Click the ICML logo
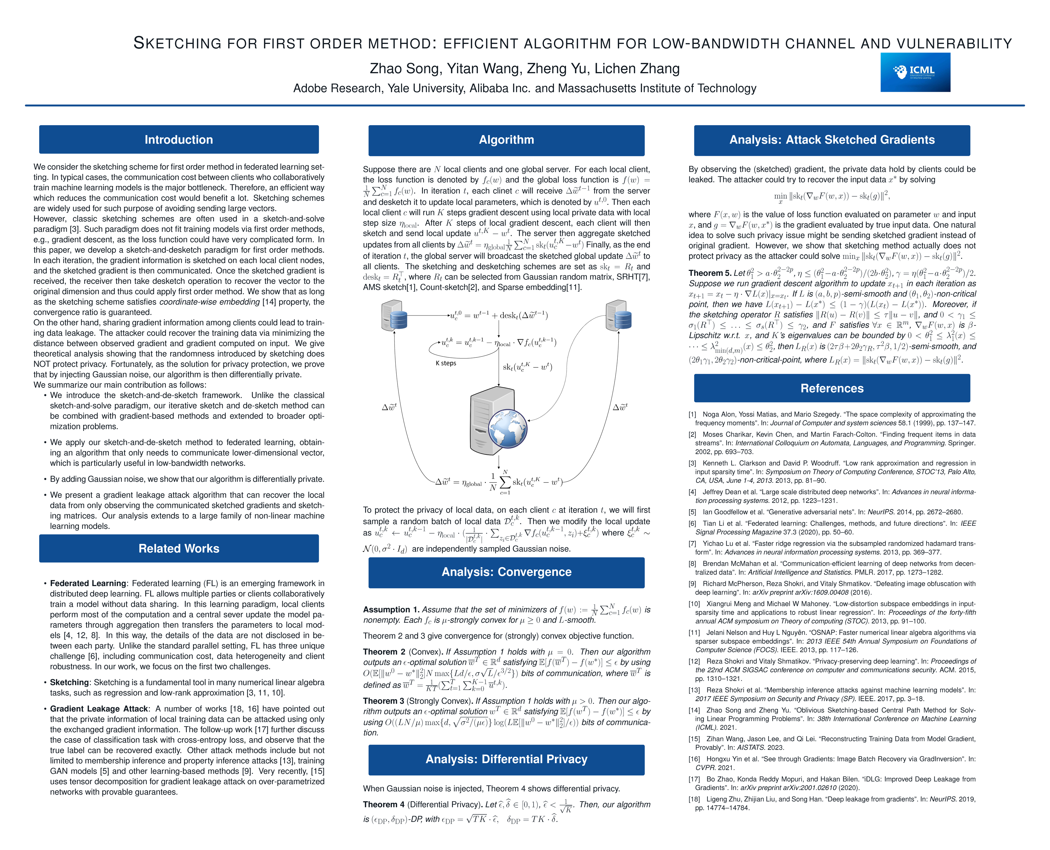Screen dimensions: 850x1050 click(x=915, y=73)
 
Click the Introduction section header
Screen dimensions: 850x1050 click(x=179, y=140)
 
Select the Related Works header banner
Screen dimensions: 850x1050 click(x=179, y=548)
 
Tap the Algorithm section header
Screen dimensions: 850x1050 click(x=506, y=140)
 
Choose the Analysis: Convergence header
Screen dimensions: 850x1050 click(x=506, y=572)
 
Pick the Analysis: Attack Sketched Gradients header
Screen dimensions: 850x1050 click(x=832, y=140)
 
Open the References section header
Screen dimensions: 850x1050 click(x=832, y=388)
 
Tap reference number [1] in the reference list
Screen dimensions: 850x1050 click(x=692, y=414)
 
